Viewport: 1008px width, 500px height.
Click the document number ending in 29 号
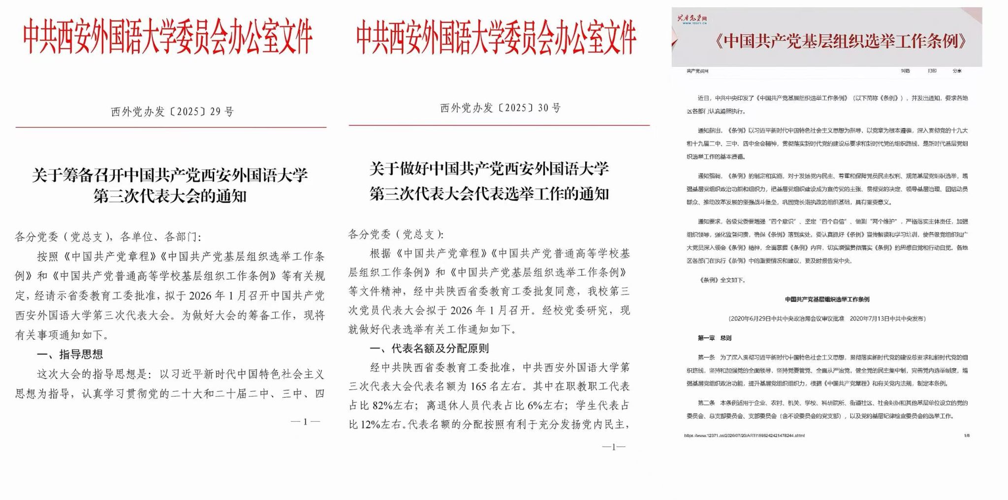pos(172,112)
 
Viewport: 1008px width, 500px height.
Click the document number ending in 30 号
pos(500,108)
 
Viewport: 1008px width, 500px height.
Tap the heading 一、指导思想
pos(70,354)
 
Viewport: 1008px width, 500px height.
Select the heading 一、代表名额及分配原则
pos(429,349)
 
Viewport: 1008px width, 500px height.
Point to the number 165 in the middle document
pos(478,386)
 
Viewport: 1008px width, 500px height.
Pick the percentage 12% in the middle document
pos(372,424)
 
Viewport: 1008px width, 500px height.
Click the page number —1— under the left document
pos(305,421)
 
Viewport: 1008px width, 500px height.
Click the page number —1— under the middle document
pos(613,447)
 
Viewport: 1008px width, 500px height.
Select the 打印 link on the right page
pos(932,71)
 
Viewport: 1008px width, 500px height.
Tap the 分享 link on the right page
pos(957,71)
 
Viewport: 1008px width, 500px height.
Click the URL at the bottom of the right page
pos(744,436)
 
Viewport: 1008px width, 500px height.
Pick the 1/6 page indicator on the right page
pos(967,436)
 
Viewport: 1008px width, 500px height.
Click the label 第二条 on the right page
pos(706,403)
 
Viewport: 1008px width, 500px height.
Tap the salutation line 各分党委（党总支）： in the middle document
pos(396,235)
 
